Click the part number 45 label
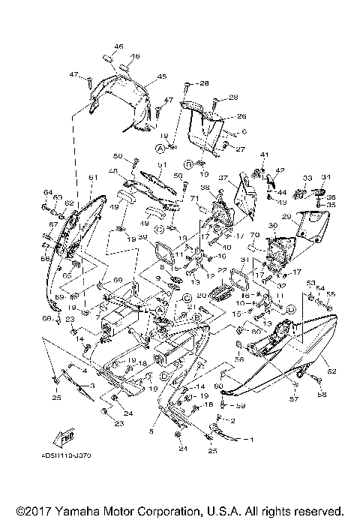click(163, 77)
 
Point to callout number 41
click(264, 155)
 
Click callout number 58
click(322, 394)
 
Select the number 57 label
click(294, 400)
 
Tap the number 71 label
click(193, 199)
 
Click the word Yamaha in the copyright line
click(82, 508)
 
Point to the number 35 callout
click(331, 204)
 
